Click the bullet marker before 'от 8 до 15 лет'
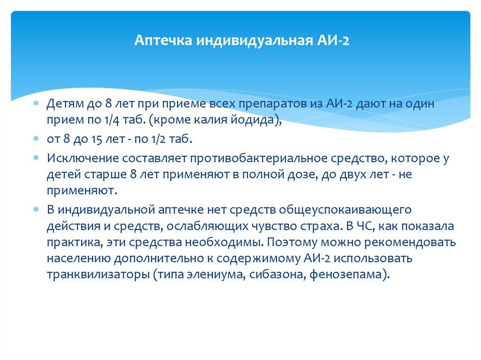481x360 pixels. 36,140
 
